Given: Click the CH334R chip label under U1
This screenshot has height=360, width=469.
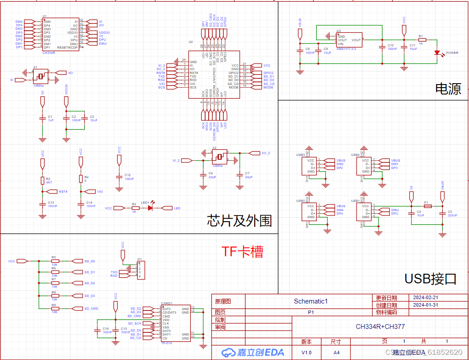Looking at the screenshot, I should [49, 53].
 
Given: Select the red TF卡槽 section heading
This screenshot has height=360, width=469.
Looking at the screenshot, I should [242, 251].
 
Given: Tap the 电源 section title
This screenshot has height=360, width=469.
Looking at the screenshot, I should [448, 89].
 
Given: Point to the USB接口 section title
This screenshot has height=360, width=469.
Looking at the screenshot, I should [430, 279].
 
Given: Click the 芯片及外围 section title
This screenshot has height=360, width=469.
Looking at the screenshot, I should [239, 221].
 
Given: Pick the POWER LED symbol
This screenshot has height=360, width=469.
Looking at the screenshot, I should [437, 53].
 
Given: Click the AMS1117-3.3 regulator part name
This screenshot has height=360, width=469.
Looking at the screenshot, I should [346, 49].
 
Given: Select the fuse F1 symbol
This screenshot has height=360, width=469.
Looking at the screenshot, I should [427, 206].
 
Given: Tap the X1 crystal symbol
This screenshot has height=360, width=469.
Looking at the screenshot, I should [40, 76].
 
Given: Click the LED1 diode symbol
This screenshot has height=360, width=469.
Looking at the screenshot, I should [150, 208].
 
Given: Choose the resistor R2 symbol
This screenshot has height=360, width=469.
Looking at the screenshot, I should [42, 180].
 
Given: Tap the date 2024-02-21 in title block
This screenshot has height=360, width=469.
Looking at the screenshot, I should [425, 297].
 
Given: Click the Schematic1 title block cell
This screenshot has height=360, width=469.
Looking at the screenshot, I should [311, 301].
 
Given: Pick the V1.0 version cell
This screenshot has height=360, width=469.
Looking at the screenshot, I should [307, 352].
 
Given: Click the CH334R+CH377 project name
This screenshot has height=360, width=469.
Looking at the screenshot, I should [380, 327].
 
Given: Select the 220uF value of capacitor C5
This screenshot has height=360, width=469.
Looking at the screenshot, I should [452, 215].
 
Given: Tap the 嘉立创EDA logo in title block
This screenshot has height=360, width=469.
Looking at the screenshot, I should [253, 352].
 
